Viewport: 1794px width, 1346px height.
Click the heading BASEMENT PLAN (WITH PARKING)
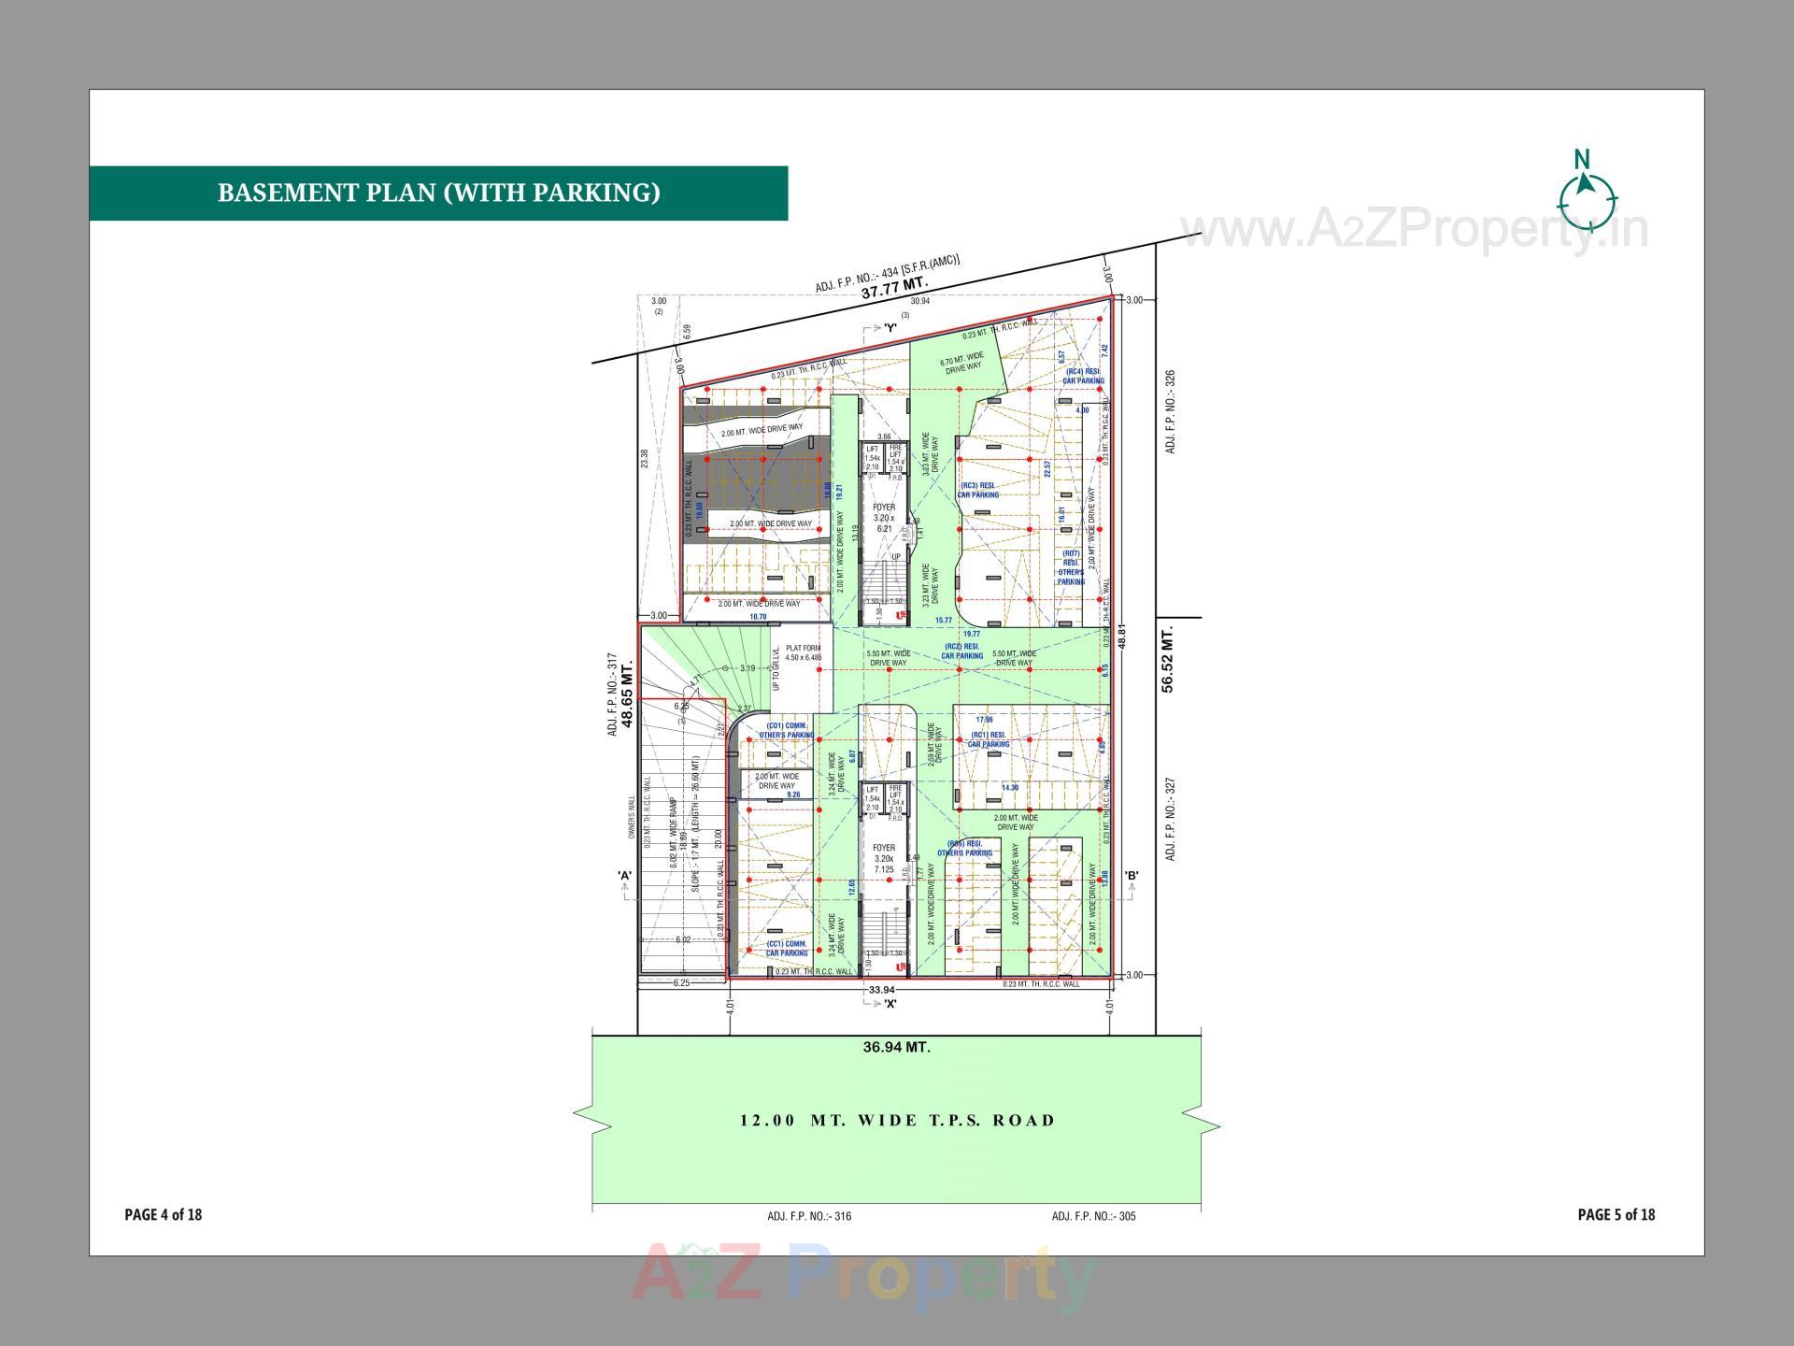click(438, 193)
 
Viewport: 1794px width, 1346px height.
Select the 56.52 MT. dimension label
click(1168, 660)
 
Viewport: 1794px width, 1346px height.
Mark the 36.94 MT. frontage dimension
click(896, 1047)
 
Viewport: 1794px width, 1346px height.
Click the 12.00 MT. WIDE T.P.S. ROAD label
click(897, 1120)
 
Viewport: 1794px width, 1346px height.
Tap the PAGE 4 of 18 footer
click(164, 1214)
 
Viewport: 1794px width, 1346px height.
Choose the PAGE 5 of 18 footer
click(1616, 1214)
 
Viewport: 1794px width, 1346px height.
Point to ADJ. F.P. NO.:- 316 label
click(809, 1216)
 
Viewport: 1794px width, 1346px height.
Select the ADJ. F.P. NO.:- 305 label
click(1093, 1216)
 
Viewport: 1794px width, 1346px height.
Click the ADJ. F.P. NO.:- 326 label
click(1171, 412)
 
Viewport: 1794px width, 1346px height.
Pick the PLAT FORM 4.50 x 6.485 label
click(803, 652)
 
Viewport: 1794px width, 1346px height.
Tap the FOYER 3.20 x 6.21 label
click(883, 518)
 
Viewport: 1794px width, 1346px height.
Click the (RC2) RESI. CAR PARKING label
click(961, 651)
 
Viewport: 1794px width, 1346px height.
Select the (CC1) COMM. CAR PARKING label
click(787, 948)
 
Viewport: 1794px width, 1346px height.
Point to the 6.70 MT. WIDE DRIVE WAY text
click(961, 363)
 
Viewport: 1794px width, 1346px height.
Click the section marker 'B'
click(1131, 876)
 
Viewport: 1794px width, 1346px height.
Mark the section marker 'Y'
click(890, 328)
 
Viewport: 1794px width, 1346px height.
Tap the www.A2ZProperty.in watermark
click(1414, 230)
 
